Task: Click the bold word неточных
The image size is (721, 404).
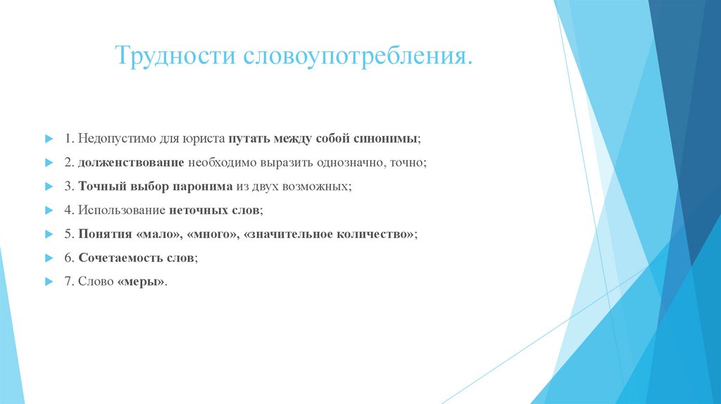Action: click(199, 210)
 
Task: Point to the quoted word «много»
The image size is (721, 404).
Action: click(211, 234)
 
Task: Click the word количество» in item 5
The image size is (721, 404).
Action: click(372, 234)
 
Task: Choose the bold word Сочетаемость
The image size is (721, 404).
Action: click(120, 258)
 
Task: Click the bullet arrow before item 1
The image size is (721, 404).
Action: click(49, 138)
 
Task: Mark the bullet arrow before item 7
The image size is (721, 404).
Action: click(49, 282)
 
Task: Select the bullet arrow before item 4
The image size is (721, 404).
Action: click(49, 210)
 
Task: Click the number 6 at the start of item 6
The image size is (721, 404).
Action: click(68, 258)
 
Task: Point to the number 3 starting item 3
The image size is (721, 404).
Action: click(68, 187)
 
